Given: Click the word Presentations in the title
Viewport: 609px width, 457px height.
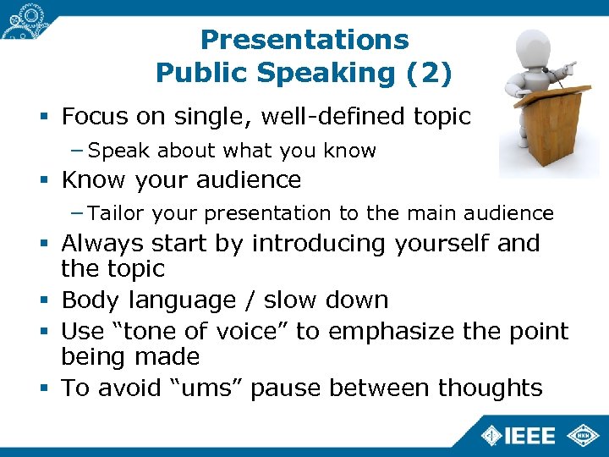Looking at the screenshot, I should coord(304,40).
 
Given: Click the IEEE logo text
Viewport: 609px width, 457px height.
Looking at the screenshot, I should coord(530,436).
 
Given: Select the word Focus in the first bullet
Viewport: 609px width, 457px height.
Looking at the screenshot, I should coord(93,116).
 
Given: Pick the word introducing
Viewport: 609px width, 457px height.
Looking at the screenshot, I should coord(320,243).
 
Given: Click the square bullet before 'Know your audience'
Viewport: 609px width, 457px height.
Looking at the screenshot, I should coord(47,180).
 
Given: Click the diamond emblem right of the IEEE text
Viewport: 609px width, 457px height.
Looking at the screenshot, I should coord(584,435).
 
